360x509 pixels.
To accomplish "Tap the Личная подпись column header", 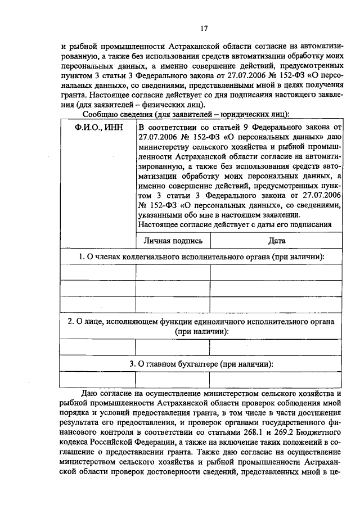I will pyautogui.click(x=173, y=240).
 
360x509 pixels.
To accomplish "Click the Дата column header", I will pyautogui.click(x=277, y=240).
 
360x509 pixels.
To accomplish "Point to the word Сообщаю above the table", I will pyautogui.click(x=101, y=115).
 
